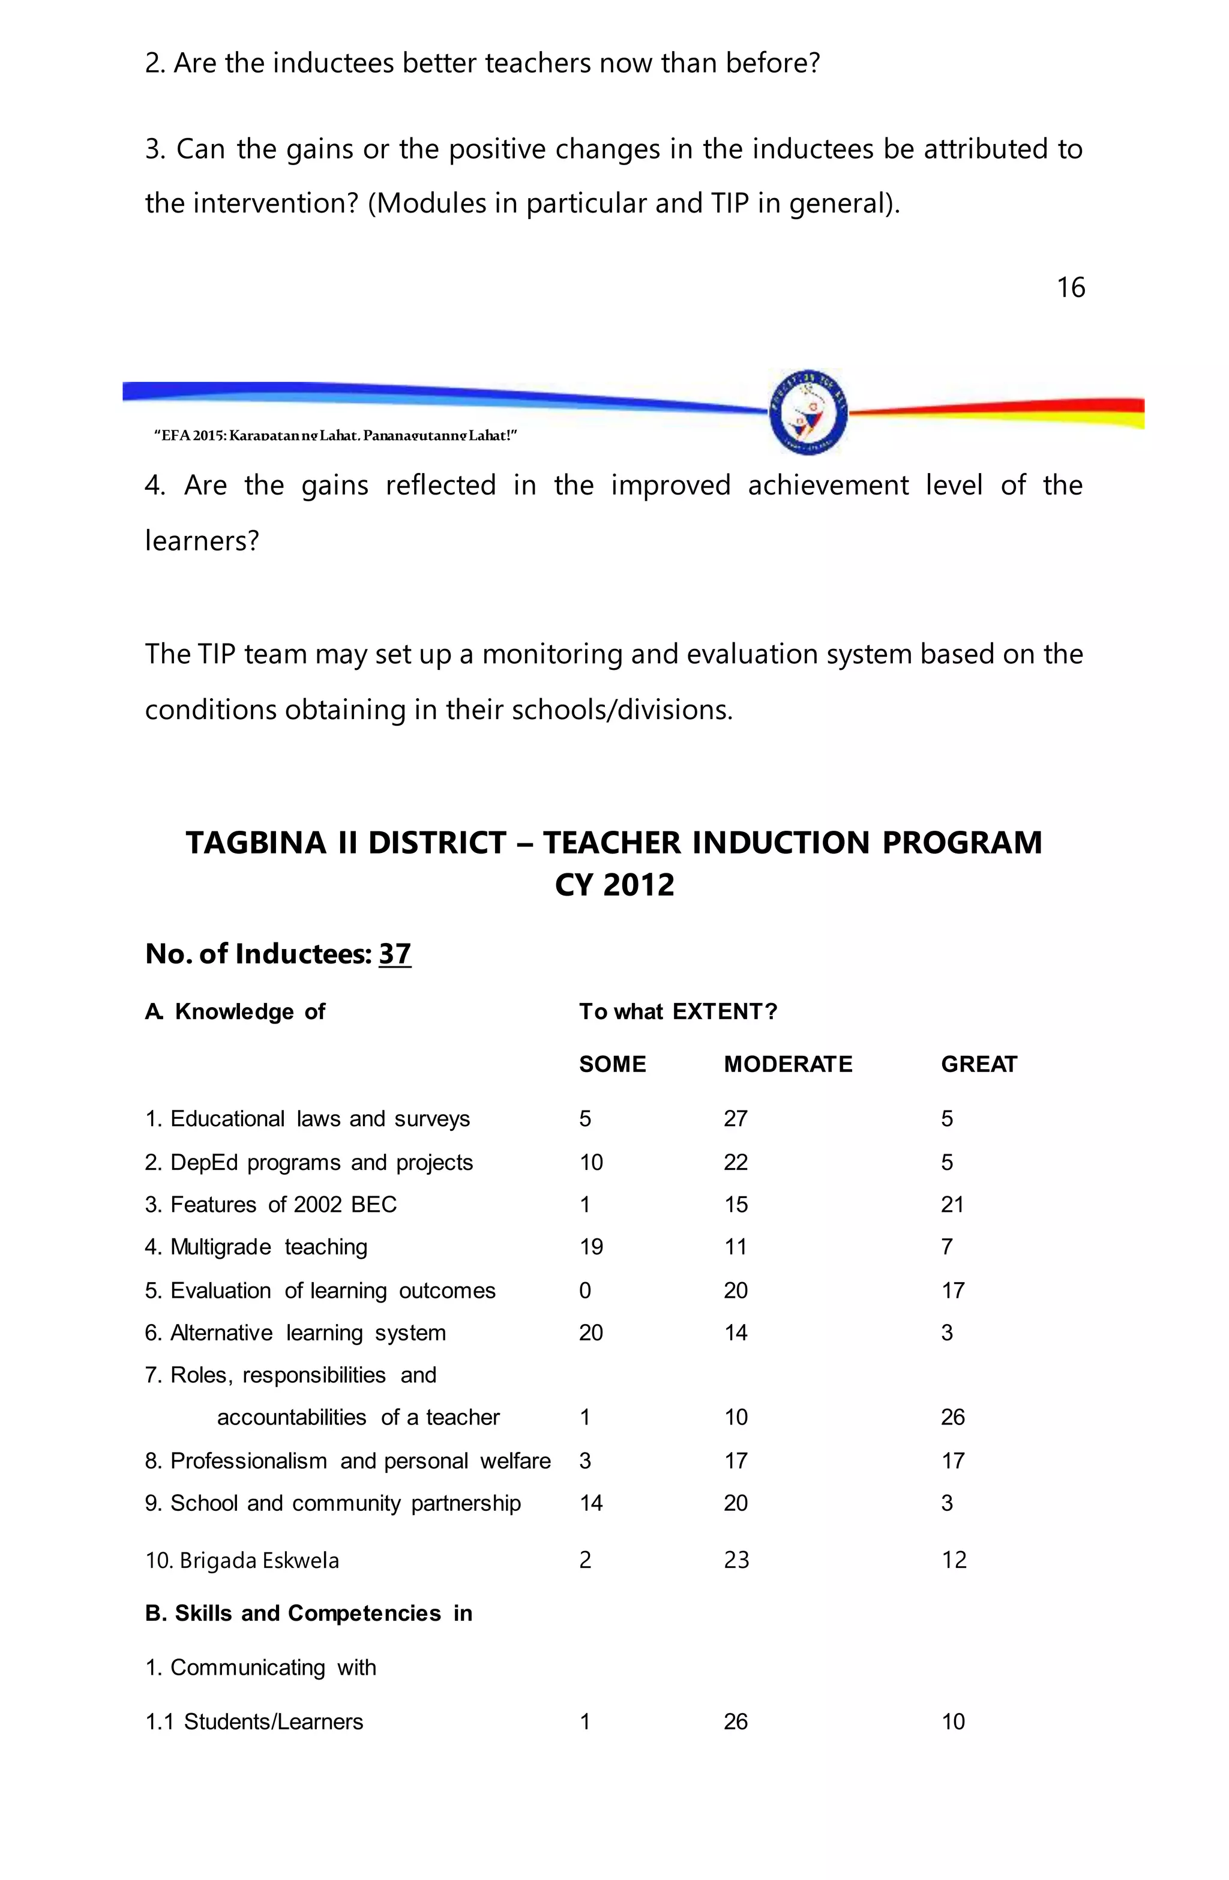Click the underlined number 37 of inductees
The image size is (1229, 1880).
tap(395, 954)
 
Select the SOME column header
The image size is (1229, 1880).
tap(612, 1064)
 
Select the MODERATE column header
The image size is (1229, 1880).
tap(787, 1064)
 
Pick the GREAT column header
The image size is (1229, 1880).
tap(979, 1064)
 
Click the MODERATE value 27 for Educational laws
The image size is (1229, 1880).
tap(735, 1118)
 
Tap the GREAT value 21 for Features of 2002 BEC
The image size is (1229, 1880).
tap(952, 1205)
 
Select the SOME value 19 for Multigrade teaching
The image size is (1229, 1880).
tap(591, 1247)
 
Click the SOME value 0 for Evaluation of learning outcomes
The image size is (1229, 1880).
tap(584, 1291)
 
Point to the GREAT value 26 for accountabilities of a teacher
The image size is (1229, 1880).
tap(952, 1417)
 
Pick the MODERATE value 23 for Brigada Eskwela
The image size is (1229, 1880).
tap(736, 1560)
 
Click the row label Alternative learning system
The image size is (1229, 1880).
tap(295, 1333)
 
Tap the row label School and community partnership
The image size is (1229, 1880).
tap(332, 1503)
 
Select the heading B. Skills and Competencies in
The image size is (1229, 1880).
tap(308, 1613)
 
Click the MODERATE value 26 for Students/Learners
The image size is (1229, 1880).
tap(735, 1722)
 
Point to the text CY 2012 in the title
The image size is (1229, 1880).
tap(614, 885)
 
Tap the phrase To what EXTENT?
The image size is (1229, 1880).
tap(678, 1012)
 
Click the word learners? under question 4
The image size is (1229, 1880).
tap(202, 541)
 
